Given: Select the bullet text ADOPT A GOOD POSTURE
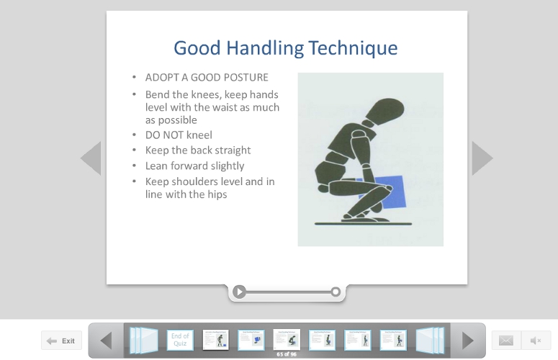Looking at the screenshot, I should (x=207, y=78).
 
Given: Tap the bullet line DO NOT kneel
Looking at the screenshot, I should (x=179, y=135).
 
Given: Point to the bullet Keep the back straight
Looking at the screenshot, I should (x=198, y=150).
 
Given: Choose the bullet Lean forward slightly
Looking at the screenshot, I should (x=194, y=166).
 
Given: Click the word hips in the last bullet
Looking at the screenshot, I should (x=217, y=194).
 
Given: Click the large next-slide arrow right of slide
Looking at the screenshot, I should (x=482, y=158).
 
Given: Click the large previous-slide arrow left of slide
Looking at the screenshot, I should (x=91, y=158).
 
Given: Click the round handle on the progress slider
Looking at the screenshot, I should (x=336, y=292).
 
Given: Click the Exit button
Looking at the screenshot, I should (x=61, y=341).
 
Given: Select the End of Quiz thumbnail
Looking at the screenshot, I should (x=180, y=339).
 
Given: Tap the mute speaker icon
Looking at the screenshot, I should (x=536, y=341).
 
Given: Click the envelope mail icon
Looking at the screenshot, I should (x=506, y=341).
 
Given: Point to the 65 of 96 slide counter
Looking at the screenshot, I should (x=287, y=354).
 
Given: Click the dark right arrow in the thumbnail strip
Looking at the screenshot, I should (x=468, y=340).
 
